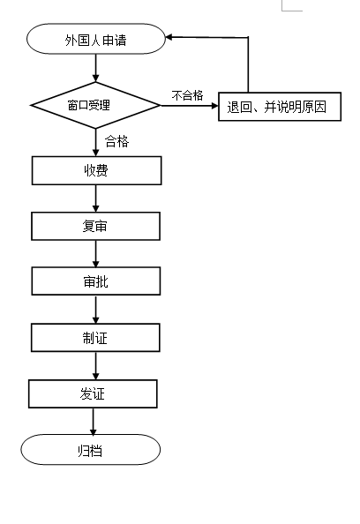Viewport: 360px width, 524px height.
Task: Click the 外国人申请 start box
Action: pos(96,39)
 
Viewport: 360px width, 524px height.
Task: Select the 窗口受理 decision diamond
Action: pos(95,105)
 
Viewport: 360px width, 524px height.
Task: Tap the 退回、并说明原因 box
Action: pos(280,107)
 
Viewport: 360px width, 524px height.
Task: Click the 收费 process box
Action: pos(96,170)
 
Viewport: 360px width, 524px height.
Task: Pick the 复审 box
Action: pos(95,226)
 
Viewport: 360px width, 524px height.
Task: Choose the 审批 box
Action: pos(96,281)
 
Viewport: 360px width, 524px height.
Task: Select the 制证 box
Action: pos(95,338)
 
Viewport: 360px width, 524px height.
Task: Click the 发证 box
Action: pos(93,393)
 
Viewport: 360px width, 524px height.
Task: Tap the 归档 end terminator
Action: pos(91,450)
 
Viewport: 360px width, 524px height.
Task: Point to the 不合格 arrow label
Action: pos(188,95)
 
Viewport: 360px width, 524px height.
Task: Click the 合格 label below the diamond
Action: pos(117,141)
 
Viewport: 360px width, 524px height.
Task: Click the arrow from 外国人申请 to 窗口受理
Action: pos(96,68)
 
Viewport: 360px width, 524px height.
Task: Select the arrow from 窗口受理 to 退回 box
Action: pos(190,106)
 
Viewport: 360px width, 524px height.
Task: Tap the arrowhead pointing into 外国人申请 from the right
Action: pos(169,37)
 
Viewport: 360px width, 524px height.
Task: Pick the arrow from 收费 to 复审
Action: pos(96,198)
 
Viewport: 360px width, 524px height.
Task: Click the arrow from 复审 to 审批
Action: pos(96,254)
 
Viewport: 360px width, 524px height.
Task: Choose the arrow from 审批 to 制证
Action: pos(96,310)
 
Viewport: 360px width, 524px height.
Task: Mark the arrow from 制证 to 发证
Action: pos(96,365)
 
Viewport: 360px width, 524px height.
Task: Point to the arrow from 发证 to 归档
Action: pos(94,421)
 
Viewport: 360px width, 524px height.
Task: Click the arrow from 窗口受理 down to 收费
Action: pos(96,142)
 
